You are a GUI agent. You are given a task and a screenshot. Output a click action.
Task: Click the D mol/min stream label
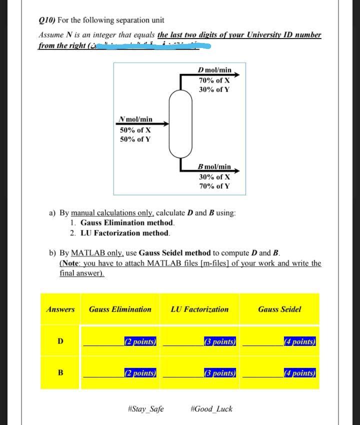pyautogui.click(x=214, y=70)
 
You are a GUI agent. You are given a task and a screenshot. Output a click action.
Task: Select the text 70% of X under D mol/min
pyautogui.click(x=214, y=80)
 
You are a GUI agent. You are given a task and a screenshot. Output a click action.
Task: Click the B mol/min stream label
pyautogui.click(x=214, y=166)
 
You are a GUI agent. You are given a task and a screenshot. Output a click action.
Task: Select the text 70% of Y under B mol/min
pyautogui.click(x=214, y=186)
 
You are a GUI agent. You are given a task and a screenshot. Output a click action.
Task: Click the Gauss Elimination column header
pyautogui.click(x=120, y=309)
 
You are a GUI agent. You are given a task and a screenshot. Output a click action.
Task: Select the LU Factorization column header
pyautogui.click(x=199, y=309)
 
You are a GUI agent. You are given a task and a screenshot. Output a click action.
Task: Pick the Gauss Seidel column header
pyautogui.click(x=279, y=309)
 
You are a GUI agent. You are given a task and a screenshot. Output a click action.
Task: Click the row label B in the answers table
pyautogui.click(x=60, y=372)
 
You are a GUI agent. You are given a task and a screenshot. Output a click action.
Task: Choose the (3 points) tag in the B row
pyautogui.click(x=220, y=372)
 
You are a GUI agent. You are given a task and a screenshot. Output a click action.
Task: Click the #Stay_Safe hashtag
pyautogui.click(x=146, y=409)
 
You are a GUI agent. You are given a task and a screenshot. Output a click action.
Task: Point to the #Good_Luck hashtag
pyautogui.click(x=211, y=409)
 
